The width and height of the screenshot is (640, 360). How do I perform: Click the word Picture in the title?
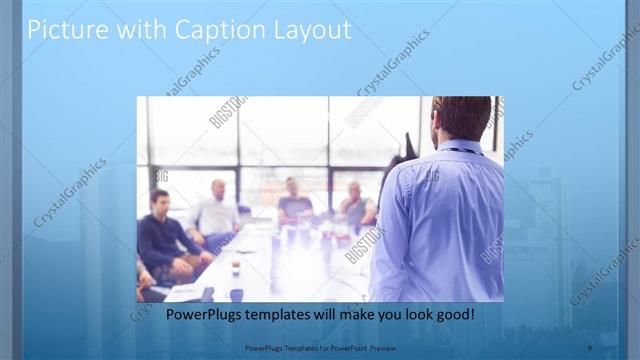[x=62, y=30]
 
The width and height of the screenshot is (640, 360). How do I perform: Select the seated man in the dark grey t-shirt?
[x=294, y=200]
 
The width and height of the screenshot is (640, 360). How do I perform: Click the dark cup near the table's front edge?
[x=235, y=293]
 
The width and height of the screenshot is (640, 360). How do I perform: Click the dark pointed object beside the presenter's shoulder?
[x=409, y=150]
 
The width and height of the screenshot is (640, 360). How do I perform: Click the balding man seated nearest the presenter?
[x=354, y=203]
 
